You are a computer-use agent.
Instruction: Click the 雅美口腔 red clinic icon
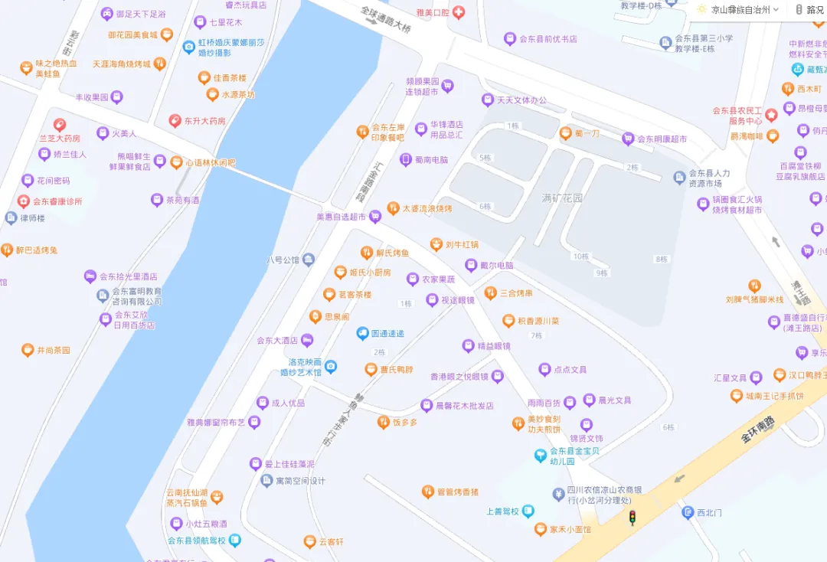click(x=459, y=12)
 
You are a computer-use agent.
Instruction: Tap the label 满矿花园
click(x=563, y=198)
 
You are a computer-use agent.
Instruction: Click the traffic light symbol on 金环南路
click(x=633, y=518)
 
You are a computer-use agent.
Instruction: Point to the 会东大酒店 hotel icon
click(x=307, y=340)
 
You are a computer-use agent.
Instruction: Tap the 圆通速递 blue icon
click(x=363, y=334)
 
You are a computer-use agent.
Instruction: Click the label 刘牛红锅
click(x=463, y=245)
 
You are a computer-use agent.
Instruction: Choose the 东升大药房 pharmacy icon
click(x=175, y=121)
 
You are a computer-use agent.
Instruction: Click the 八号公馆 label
click(x=283, y=260)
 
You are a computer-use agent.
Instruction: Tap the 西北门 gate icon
click(x=688, y=512)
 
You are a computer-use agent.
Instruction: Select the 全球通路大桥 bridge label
click(x=387, y=20)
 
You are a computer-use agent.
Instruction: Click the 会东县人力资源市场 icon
click(x=679, y=178)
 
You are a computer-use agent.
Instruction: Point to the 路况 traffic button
click(x=809, y=10)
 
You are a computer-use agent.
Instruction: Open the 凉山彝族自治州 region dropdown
click(x=739, y=10)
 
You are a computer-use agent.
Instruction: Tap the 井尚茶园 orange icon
click(x=28, y=350)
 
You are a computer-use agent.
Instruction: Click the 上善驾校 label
click(x=503, y=511)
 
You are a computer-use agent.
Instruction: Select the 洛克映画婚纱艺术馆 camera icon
click(x=331, y=367)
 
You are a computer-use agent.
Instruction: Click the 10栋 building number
click(x=581, y=256)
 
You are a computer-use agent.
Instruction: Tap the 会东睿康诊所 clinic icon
click(x=23, y=201)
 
